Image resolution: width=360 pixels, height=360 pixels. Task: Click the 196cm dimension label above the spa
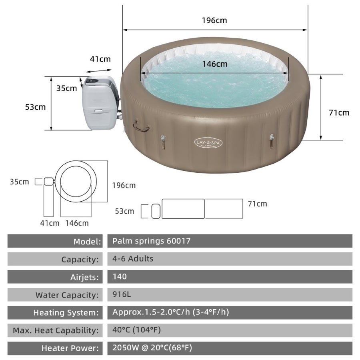point(214,20)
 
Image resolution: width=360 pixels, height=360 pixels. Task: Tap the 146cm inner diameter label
point(214,64)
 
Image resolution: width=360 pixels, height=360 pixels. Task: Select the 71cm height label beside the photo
point(339,112)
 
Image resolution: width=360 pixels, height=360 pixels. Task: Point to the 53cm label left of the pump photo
point(35,107)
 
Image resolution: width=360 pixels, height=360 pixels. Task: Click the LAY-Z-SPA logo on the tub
point(208,143)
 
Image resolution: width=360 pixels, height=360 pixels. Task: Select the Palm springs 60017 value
point(151,241)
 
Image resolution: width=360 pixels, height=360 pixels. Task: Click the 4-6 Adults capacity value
point(133,258)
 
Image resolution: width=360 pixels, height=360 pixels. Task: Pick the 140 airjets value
point(120,276)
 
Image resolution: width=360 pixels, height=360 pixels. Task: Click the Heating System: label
point(66,312)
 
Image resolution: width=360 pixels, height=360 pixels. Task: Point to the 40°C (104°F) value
point(137,330)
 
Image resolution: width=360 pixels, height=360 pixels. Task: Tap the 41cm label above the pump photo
point(100,59)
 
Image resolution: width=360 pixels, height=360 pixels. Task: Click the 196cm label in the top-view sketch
point(124,185)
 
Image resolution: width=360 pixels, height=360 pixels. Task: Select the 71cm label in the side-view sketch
point(257,204)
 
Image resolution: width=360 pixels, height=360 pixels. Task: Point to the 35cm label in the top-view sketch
point(20,182)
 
